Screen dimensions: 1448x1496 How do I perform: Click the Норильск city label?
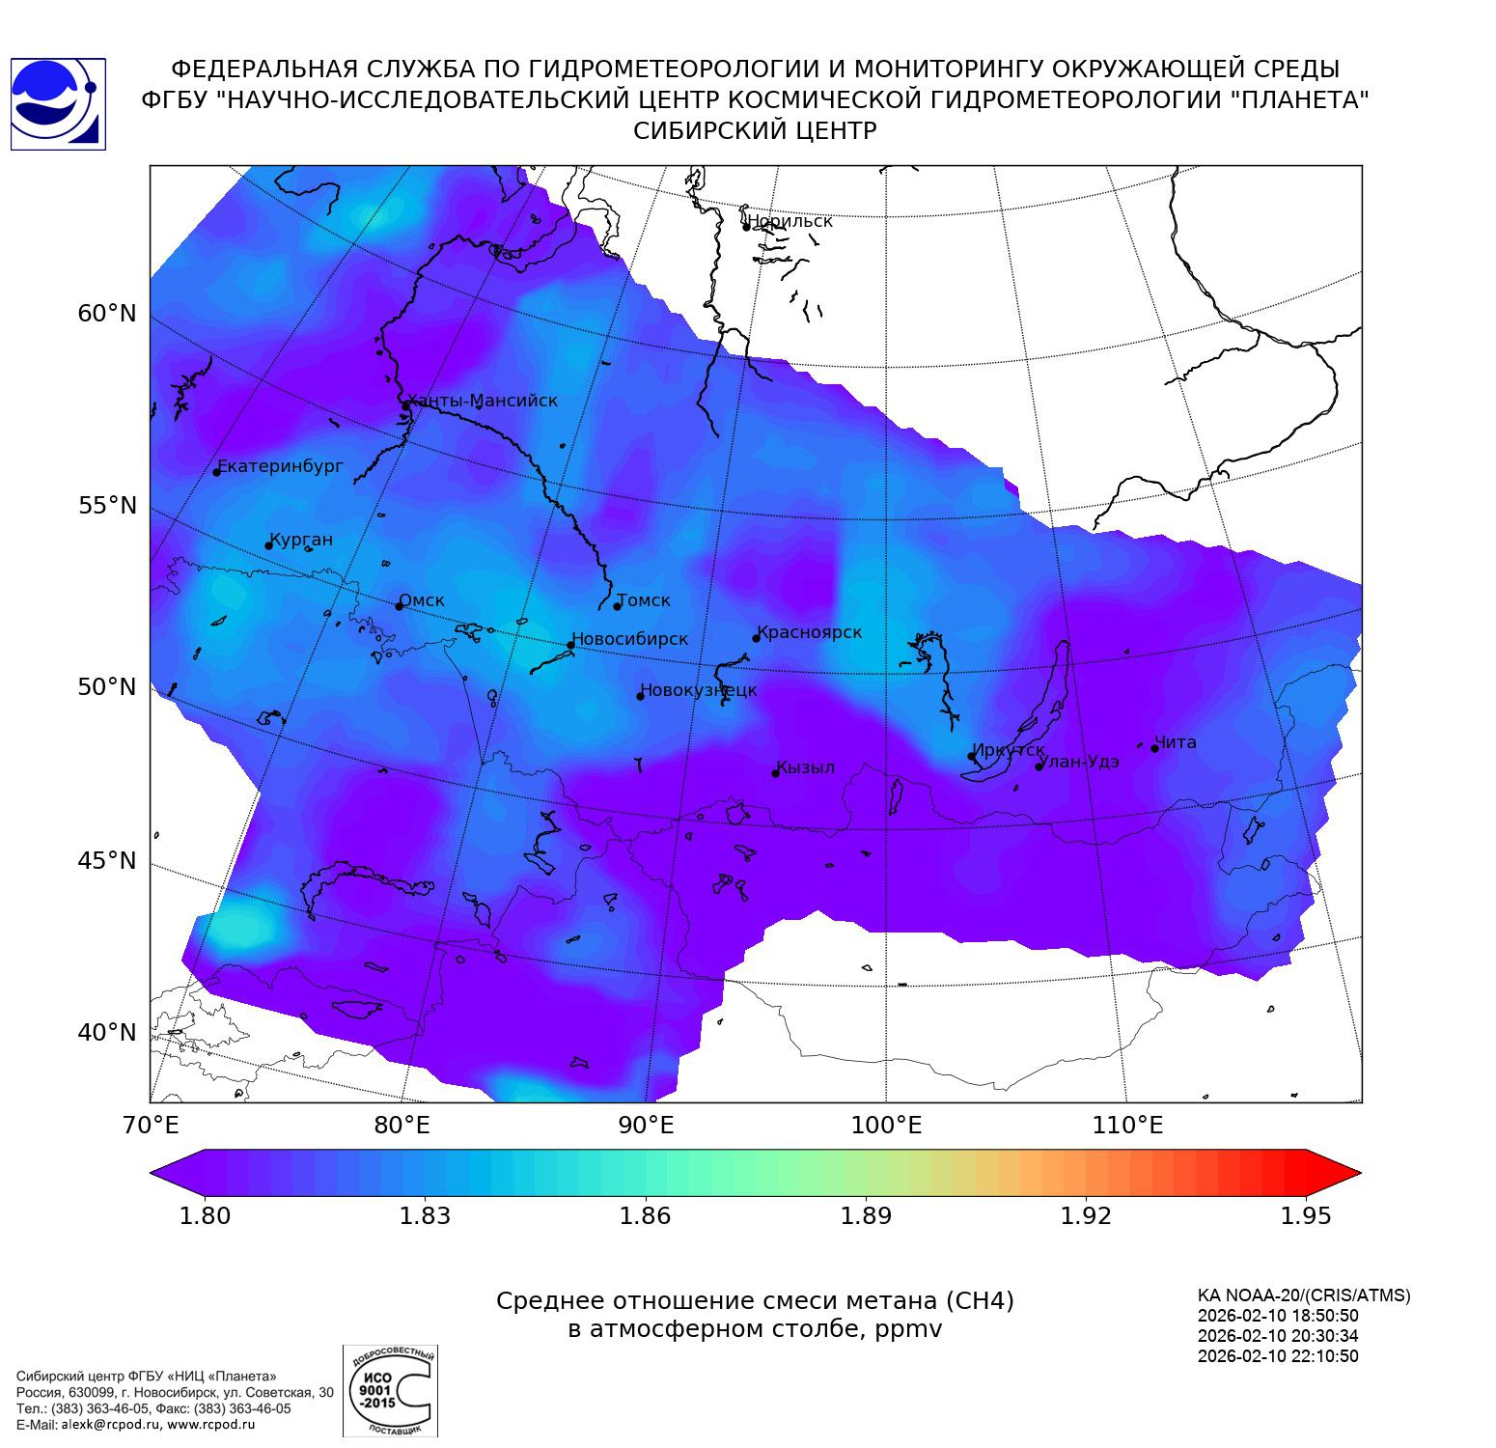coord(790,221)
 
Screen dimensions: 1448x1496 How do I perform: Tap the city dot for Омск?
coord(399,606)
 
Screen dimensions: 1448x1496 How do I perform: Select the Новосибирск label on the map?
coord(630,639)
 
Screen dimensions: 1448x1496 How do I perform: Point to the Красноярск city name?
coord(809,633)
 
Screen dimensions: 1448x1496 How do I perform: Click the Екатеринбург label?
coord(281,466)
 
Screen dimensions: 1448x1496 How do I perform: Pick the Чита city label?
coord(1176,742)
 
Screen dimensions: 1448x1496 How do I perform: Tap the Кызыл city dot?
coord(775,773)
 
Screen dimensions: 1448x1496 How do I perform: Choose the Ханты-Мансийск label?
coord(483,401)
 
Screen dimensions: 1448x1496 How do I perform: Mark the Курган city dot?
coord(268,546)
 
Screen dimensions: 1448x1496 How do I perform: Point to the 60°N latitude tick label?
coord(107,314)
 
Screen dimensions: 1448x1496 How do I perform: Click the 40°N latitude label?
coord(107,1033)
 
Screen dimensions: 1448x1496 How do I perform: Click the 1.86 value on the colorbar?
coord(645,1215)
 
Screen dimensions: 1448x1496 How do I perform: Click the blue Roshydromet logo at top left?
coord(57,103)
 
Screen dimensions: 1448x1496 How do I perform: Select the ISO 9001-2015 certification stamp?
coord(390,1391)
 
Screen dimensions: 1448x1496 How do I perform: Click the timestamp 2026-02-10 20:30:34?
coord(1278,1336)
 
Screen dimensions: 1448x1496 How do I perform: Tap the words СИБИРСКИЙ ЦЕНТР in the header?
coord(755,131)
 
